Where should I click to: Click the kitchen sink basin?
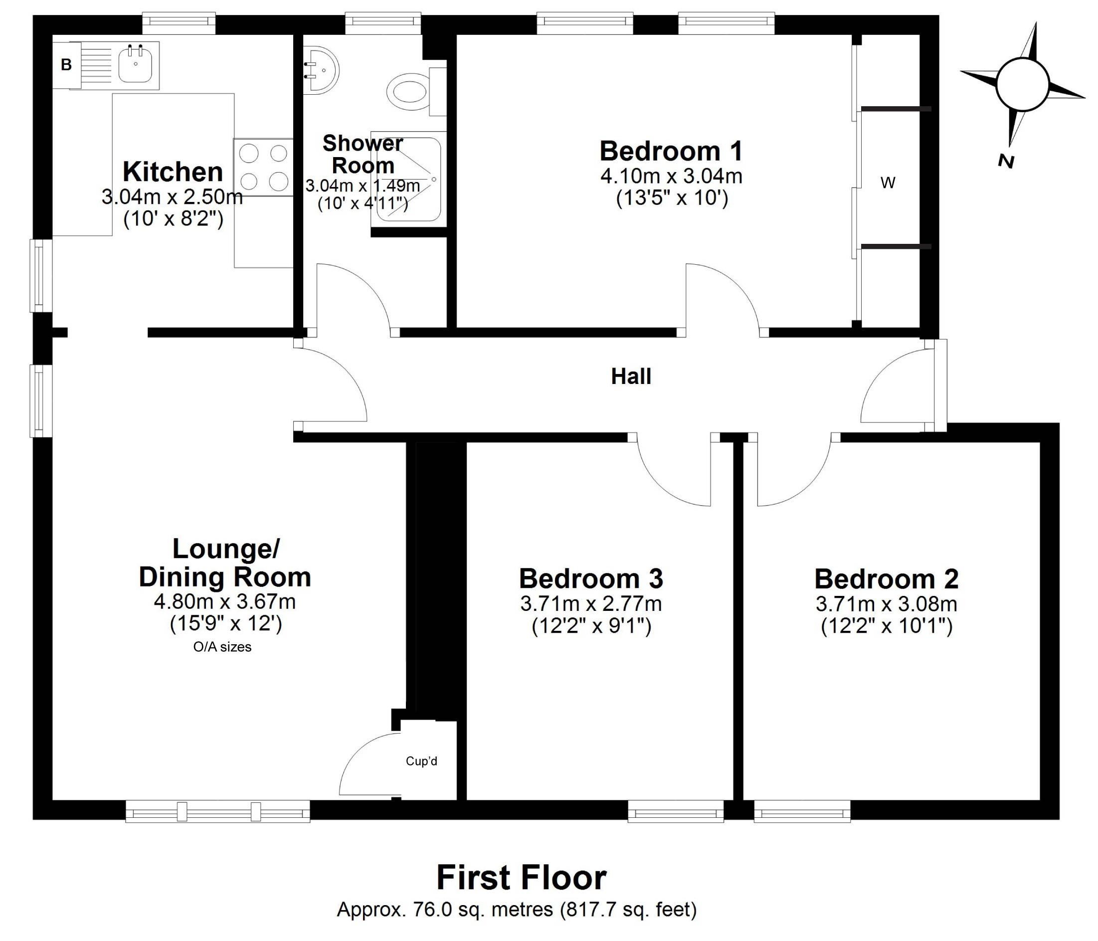[136, 64]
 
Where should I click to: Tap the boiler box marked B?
[66, 65]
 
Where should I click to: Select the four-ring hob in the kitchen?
[263, 168]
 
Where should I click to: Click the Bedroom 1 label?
[671, 151]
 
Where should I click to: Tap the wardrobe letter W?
[888, 183]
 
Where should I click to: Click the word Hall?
[631, 376]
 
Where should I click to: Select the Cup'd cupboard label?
[421, 761]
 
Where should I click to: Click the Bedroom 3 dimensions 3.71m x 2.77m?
[591, 603]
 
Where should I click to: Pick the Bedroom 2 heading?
[887, 578]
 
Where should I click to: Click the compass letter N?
[1005, 161]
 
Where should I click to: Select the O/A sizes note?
[222, 646]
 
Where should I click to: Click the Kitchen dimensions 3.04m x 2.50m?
[172, 197]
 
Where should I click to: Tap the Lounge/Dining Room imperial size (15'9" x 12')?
[226, 624]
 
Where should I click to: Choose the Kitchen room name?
[173, 172]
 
